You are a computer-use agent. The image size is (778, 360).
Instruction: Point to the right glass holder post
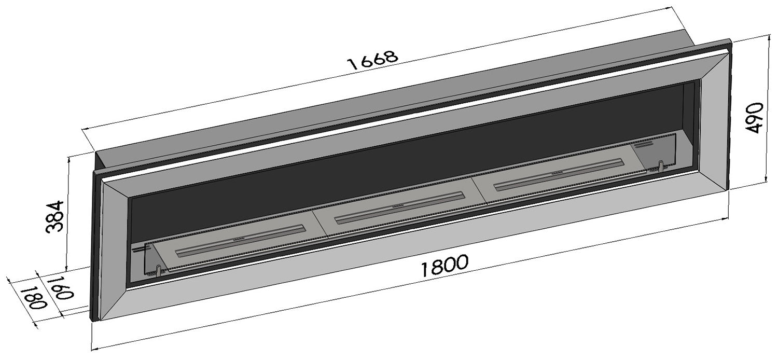tap(661, 167)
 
